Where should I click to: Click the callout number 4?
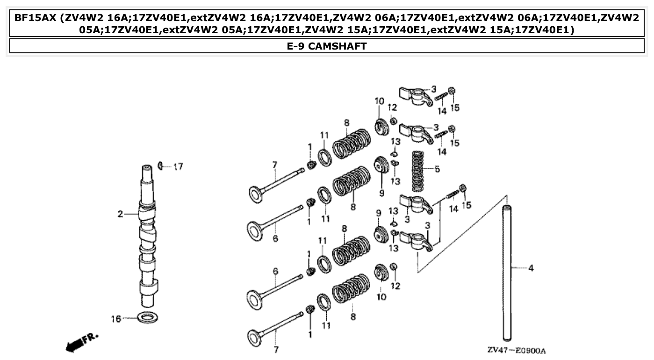pyautogui.click(x=531, y=268)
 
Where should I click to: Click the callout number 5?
pyautogui.click(x=437, y=169)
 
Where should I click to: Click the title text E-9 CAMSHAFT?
pyautogui.click(x=327, y=46)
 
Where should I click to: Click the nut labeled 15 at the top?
pyautogui.click(x=452, y=91)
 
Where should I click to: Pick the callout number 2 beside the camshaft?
pyautogui.click(x=120, y=214)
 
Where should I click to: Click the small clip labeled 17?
pyautogui.click(x=161, y=165)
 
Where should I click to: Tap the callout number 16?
pyautogui.click(x=116, y=319)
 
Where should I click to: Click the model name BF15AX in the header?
pyautogui.click(x=35, y=18)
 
